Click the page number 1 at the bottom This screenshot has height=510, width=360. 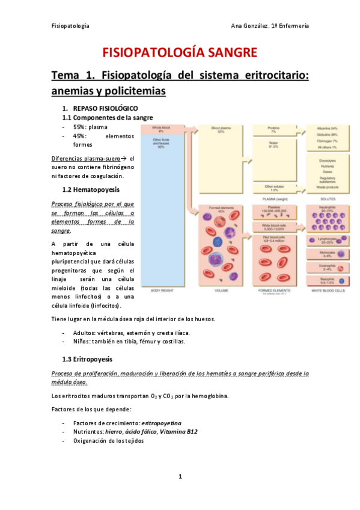point(180,477)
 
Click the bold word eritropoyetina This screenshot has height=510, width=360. point(162,423)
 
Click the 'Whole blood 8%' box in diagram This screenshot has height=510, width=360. point(160,130)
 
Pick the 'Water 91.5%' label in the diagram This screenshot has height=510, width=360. point(274,144)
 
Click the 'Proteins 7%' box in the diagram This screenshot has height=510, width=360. point(274,130)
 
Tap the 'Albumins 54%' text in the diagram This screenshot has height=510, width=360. point(328,128)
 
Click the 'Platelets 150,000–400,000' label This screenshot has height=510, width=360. point(274,210)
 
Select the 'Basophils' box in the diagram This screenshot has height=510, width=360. point(328,281)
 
